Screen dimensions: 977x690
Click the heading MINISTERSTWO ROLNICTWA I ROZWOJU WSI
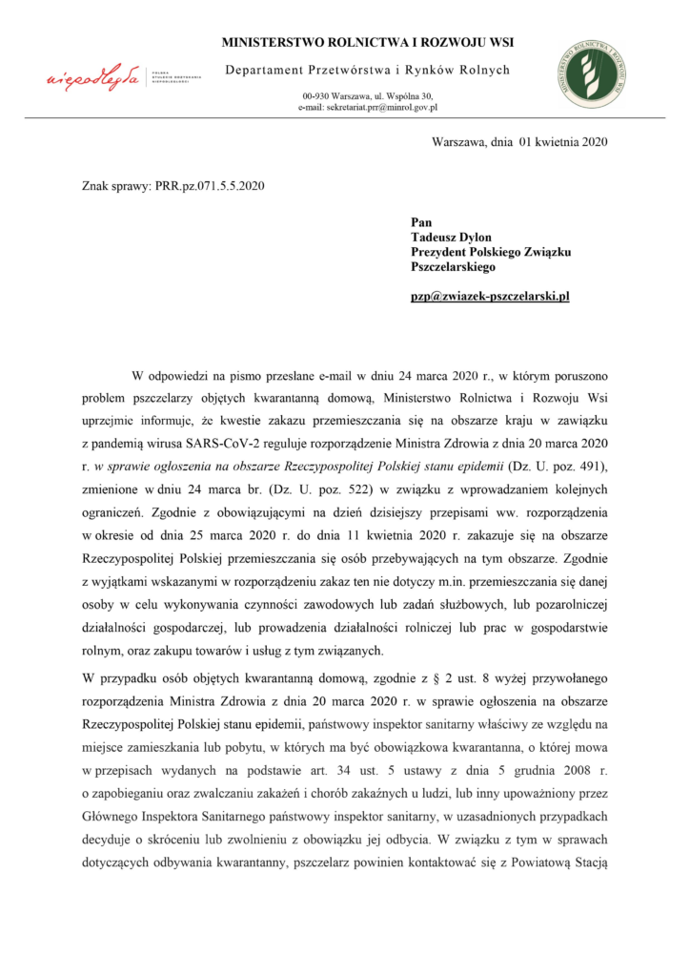tap(367, 43)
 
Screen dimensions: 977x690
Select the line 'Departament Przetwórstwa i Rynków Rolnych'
tap(367, 70)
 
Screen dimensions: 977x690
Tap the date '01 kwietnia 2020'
tap(563, 142)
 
